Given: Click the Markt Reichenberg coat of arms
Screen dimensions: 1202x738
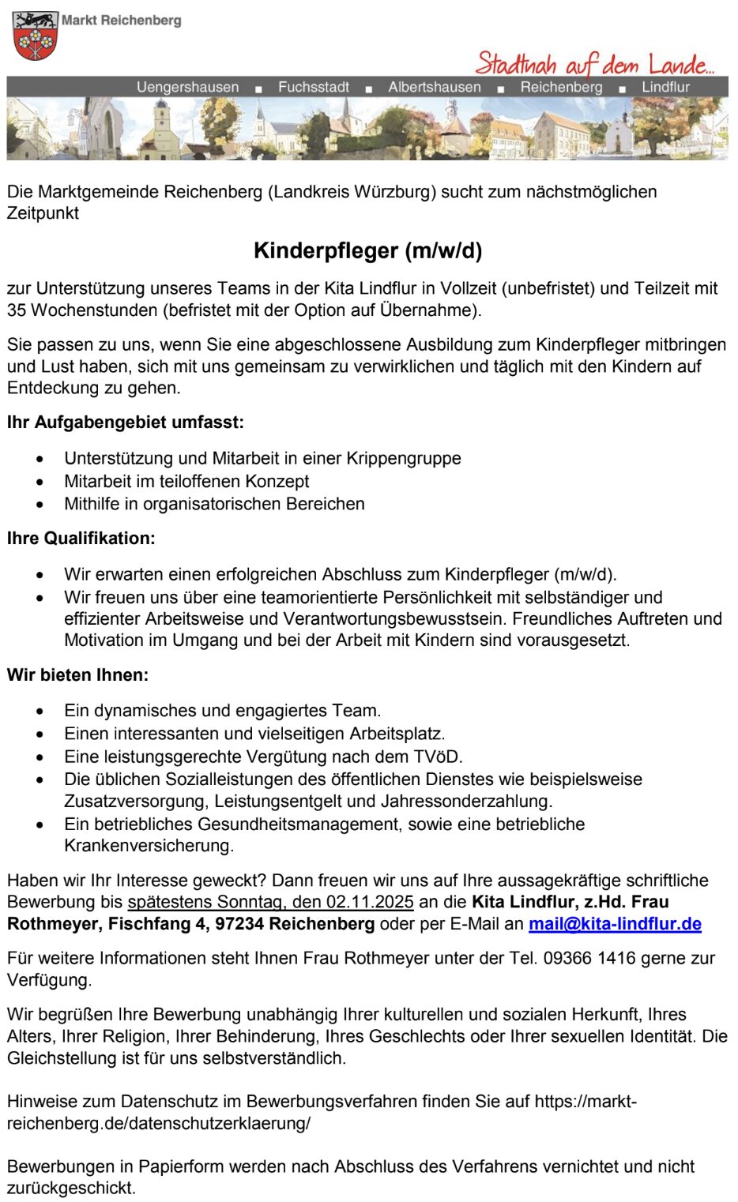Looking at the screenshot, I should click(x=35, y=36).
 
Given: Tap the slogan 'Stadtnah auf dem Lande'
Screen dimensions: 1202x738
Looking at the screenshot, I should click(x=594, y=63).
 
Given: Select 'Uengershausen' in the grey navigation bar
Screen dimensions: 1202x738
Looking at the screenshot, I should click(x=187, y=87).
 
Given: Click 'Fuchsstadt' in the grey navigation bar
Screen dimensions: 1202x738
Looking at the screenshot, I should click(x=313, y=87).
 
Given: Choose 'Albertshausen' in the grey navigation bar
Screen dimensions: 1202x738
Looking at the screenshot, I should click(x=434, y=87).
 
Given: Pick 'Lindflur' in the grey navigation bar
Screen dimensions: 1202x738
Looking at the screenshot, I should click(x=665, y=87).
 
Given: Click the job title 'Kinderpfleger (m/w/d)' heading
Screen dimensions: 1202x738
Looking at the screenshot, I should click(x=368, y=250).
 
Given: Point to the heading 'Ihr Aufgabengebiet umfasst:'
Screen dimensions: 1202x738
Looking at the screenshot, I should click(x=126, y=423).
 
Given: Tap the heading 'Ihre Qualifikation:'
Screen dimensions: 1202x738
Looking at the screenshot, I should click(x=81, y=539).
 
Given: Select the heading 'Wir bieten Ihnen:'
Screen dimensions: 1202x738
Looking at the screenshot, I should click(x=78, y=675).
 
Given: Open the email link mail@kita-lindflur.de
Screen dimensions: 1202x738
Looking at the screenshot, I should click(x=615, y=924).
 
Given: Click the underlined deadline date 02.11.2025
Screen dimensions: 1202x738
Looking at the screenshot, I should click(x=370, y=902).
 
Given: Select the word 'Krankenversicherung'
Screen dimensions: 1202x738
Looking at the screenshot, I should click(x=149, y=846).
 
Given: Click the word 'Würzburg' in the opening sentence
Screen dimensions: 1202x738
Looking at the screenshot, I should click(x=395, y=192).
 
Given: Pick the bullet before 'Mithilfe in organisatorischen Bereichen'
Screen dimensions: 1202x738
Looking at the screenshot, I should click(x=40, y=505).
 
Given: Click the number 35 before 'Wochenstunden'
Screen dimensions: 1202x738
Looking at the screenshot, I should click(x=17, y=310).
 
